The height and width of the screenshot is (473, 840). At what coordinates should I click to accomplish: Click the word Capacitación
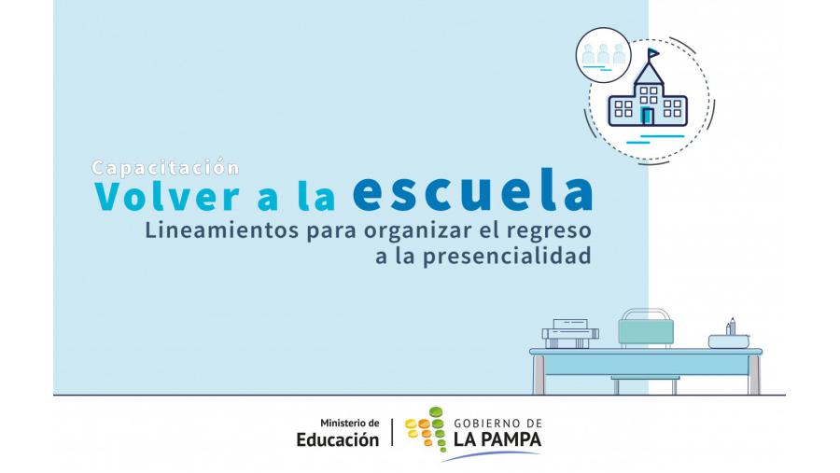pyautogui.click(x=165, y=168)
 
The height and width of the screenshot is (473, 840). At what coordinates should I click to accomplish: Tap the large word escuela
pyautogui.click(x=473, y=189)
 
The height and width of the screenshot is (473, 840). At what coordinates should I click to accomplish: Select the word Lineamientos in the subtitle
pyautogui.click(x=222, y=230)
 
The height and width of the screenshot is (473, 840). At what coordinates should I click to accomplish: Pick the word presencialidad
pyautogui.click(x=507, y=257)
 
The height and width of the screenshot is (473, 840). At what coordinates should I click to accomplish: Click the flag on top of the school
pyautogui.click(x=653, y=54)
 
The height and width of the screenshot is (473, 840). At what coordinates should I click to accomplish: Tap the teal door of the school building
pyautogui.click(x=648, y=116)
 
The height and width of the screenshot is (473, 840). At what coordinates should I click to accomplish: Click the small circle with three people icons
pyautogui.click(x=604, y=55)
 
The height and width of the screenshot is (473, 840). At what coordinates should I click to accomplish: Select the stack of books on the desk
pyautogui.click(x=570, y=334)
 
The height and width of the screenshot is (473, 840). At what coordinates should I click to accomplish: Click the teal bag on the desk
pyautogui.click(x=646, y=327)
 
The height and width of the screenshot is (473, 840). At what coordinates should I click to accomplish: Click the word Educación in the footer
pyautogui.click(x=338, y=439)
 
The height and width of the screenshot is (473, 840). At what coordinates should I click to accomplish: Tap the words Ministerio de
pyautogui.click(x=350, y=424)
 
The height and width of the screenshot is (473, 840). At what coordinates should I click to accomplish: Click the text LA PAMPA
pyautogui.click(x=497, y=439)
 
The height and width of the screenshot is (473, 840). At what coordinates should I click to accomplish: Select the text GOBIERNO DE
pyautogui.click(x=498, y=424)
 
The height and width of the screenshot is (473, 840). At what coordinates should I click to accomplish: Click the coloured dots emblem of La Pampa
pyautogui.click(x=425, y=428)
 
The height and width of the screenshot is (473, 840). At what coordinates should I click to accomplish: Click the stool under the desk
pyautogui.click(x=646, y=384)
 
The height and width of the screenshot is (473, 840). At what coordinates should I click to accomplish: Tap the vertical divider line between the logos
pyautogui.click(x=392, y=432)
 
